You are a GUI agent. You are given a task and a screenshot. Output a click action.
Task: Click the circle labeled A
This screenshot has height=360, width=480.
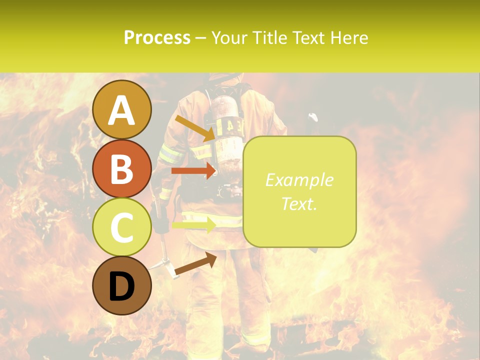[x=122, y=110]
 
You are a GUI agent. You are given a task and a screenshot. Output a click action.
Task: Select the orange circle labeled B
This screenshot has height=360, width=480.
[x=122, y=168]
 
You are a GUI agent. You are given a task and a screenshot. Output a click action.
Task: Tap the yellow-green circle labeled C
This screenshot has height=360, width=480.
[x=122, y=227]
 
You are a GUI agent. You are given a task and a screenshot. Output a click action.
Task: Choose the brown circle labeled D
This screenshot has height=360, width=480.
[x=122, y=285]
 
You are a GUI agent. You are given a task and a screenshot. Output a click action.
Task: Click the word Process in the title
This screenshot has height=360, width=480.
[x=157, y=37]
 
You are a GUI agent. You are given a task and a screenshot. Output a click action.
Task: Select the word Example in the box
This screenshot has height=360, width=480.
[x=299, y=180]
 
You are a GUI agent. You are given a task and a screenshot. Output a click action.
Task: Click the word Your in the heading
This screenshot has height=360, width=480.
[x=230, y=37]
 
